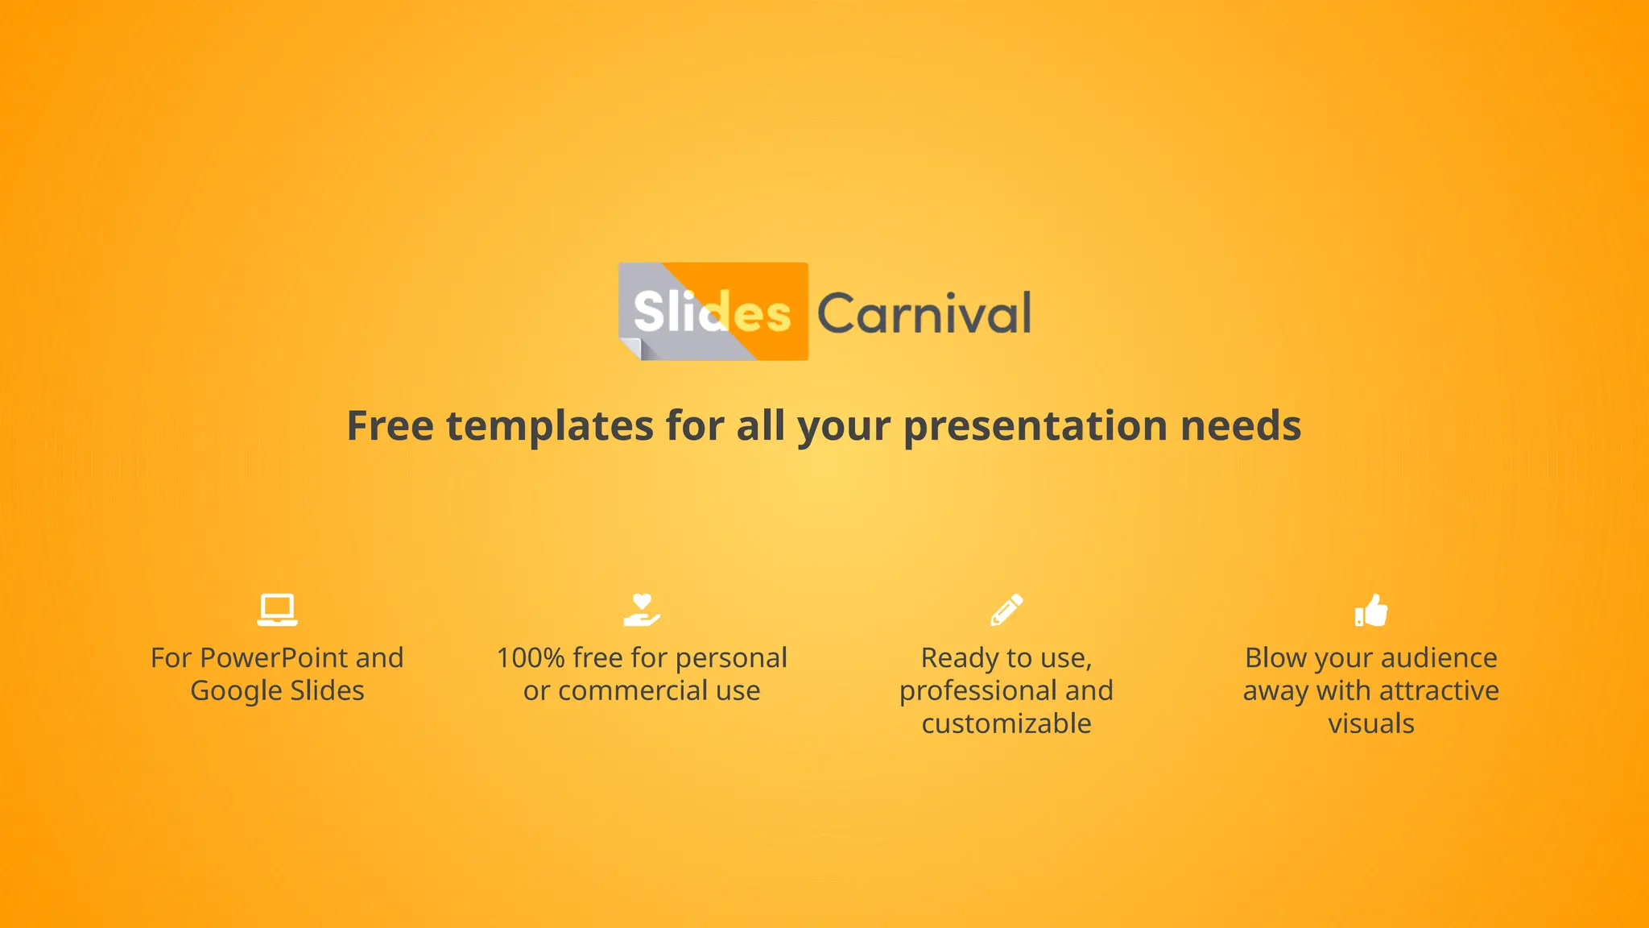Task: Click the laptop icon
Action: point(277,610)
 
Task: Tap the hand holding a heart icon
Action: point(642,610)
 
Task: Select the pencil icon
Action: point(1006,610)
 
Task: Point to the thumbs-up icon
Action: point(1371,610)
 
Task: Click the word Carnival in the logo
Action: point(924,313)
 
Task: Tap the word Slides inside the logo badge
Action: point(712,312)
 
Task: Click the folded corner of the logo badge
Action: point(630,348)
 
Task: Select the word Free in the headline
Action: point(391,425)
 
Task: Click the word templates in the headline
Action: point(550,427)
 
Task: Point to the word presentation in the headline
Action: point(1035,427)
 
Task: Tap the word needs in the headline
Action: point(1241,425)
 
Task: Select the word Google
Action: point(236,692)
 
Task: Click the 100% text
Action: point(531,658)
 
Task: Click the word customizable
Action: point(1006,723)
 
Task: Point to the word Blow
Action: point(1275,658)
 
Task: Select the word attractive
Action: point(1439,691)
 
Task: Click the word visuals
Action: point(1371,723)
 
